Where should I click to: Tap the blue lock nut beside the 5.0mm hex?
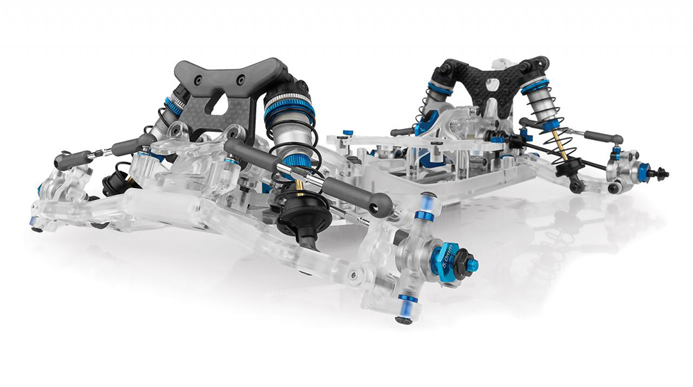point(471,266)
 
